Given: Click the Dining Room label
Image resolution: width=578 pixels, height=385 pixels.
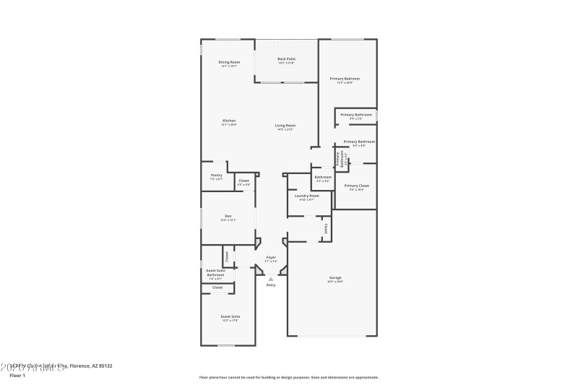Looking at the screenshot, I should (229, 63).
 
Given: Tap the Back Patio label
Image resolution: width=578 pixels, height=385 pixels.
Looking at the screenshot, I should (286, 59).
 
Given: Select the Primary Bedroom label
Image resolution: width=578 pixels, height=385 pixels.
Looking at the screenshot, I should (345, 79).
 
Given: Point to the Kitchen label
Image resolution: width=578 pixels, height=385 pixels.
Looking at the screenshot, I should (229, 121).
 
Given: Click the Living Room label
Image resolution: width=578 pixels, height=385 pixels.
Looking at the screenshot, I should (285, 126).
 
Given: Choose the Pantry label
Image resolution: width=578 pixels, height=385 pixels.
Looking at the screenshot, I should (216, 176).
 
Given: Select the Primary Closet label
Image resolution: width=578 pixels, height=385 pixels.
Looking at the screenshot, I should (356, 186).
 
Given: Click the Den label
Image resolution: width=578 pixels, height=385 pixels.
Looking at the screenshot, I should (228, 216).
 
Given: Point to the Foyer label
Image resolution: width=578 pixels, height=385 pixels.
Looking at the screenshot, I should (271, 257).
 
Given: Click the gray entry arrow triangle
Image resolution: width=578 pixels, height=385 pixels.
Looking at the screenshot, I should (271, 278).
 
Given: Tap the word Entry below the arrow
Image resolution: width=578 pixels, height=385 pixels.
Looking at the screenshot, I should (271, 285).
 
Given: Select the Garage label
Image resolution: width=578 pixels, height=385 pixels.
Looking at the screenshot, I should (335, 277).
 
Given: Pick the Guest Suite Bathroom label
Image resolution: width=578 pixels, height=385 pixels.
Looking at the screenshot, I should (215, 272).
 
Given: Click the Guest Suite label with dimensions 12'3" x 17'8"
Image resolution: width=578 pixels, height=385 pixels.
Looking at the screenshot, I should (230, 316).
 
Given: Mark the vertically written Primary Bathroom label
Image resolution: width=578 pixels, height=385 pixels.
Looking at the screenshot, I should (337, 157).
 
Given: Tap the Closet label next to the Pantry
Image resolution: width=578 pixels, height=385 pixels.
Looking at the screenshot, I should (243, 181).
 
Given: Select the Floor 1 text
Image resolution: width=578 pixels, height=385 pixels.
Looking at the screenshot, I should (17, 376).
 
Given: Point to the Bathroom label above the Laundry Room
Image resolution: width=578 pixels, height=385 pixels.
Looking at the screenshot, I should (323, 177).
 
